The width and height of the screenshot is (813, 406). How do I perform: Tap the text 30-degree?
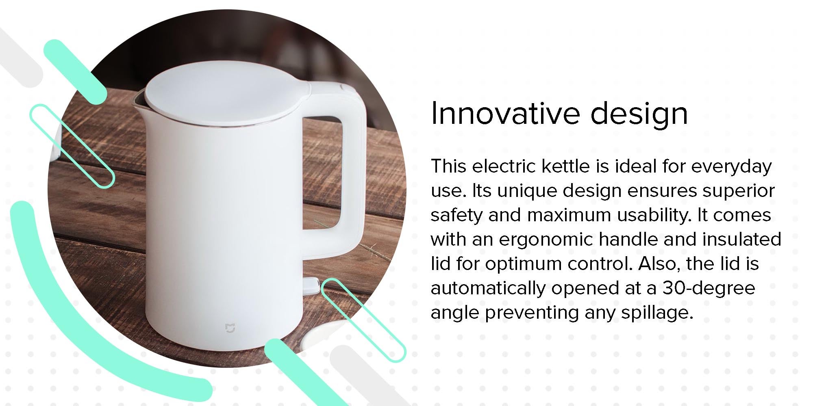[x=709, y=288]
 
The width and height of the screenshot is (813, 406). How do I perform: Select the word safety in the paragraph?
[x=456, y=215]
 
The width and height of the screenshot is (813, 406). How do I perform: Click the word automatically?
[x=488, y=288]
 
